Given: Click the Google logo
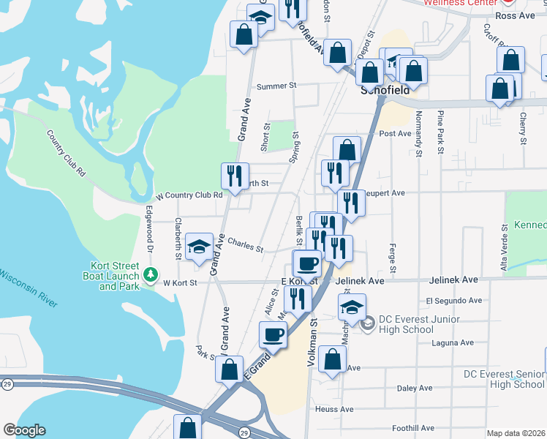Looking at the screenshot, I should click(24, 430).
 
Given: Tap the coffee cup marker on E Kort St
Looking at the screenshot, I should click(307, 262).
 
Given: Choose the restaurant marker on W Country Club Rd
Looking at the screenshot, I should click(235, 176).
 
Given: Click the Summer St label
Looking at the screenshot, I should click(276, 86).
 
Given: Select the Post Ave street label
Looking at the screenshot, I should click(396, 134).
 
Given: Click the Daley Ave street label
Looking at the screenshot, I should click(414, 388).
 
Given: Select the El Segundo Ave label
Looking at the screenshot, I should click(454, 301).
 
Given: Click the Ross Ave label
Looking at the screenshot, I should click(516, 15).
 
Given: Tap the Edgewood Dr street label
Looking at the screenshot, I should click(150, 229).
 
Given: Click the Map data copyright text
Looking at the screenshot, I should click(516, 433).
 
